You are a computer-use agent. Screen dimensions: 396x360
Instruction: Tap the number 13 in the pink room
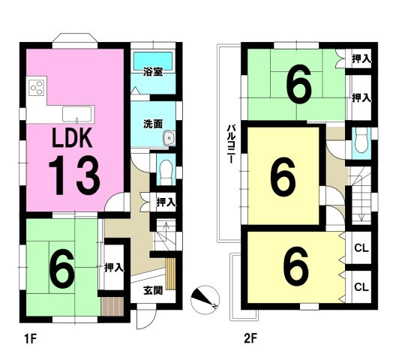(x=74, y=175)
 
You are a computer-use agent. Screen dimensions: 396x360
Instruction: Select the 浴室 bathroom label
(x=153, y=72)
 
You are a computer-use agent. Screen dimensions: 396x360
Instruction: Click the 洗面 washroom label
(x=153, y=124)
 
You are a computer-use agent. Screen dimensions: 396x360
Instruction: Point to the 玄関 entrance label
(x=153, y=291)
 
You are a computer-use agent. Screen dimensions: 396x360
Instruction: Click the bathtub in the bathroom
(x=153, y=61)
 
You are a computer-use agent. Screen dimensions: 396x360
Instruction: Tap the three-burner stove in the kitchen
(x=36, y=88)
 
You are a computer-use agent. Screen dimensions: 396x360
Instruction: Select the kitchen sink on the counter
(x=77, y=115)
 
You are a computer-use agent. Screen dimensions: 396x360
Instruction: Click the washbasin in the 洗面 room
(x=169, y=138)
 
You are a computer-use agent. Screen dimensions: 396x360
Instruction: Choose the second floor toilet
(x=361, y=143)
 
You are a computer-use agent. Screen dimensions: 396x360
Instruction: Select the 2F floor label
(x=250, y=338)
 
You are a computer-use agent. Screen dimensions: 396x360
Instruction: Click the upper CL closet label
(x=361, y=248)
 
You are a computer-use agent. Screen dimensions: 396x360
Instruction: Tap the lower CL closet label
(x=361, y=287)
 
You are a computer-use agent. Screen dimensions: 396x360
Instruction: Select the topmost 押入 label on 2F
(x=361, y=59)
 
